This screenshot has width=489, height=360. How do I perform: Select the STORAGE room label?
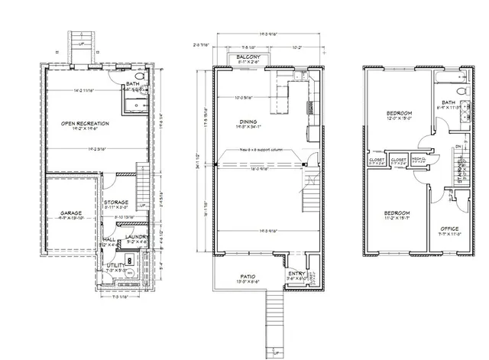116,202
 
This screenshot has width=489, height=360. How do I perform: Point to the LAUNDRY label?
138,237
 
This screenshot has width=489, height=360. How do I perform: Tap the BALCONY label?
248,57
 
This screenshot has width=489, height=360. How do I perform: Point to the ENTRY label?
296,273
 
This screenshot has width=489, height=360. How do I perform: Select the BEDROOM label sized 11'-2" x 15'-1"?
396,212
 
